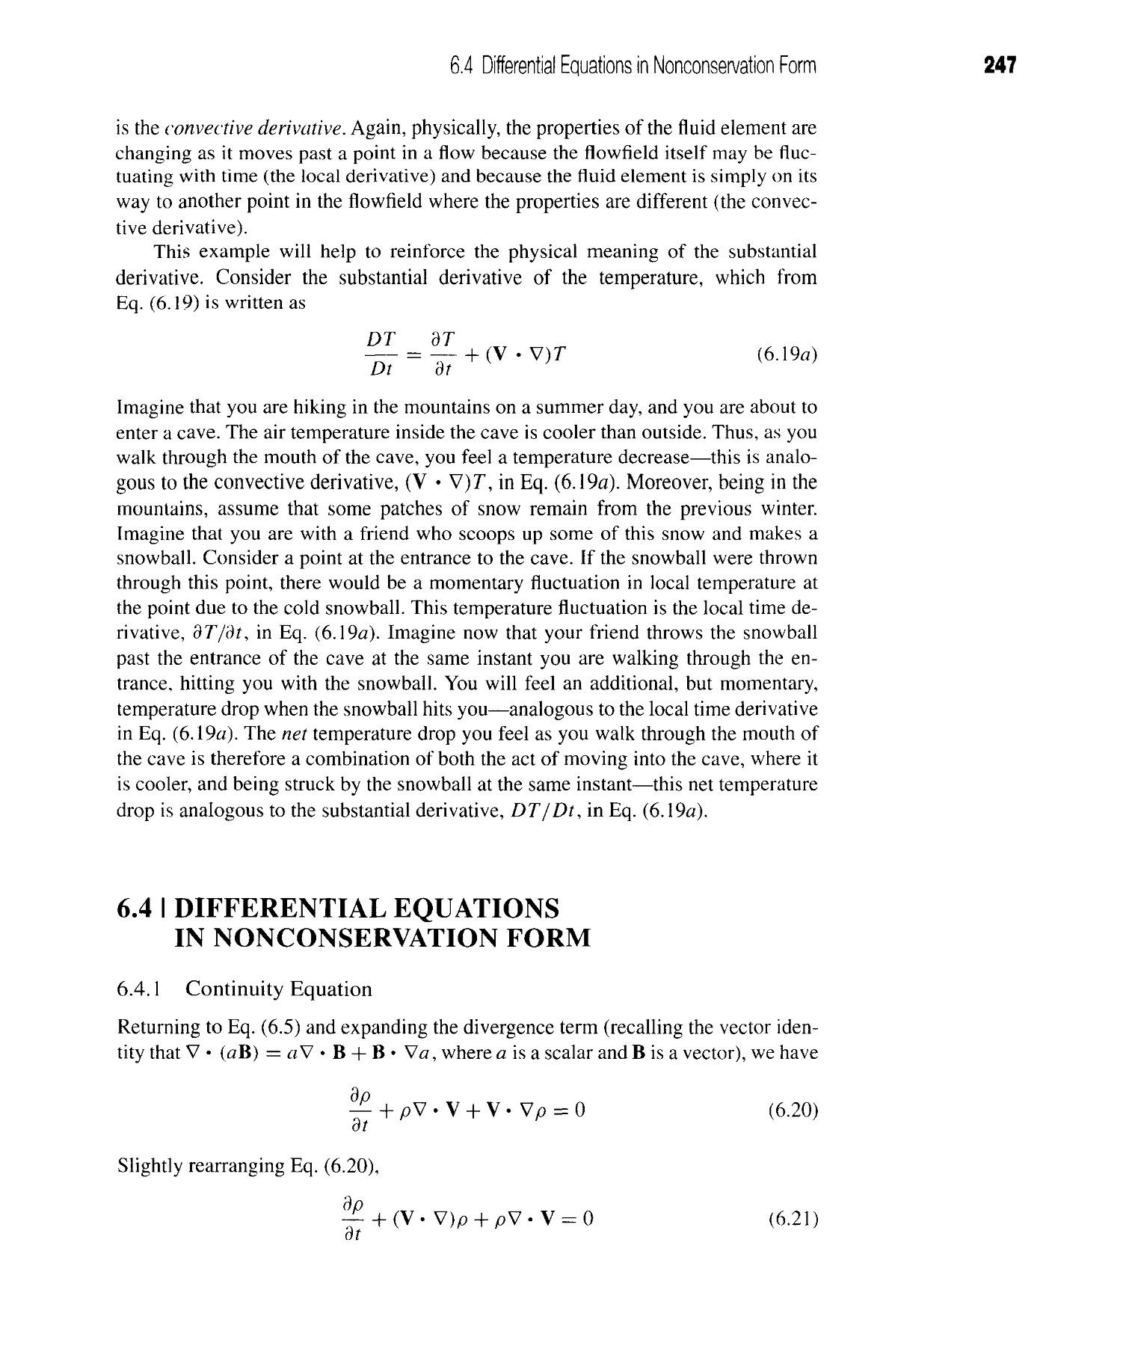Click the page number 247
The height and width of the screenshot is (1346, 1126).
(x=1000, y=66)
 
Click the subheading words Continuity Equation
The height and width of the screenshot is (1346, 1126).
(x=278, y=990)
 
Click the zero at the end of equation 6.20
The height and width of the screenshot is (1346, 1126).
(x=579, y=1111)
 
